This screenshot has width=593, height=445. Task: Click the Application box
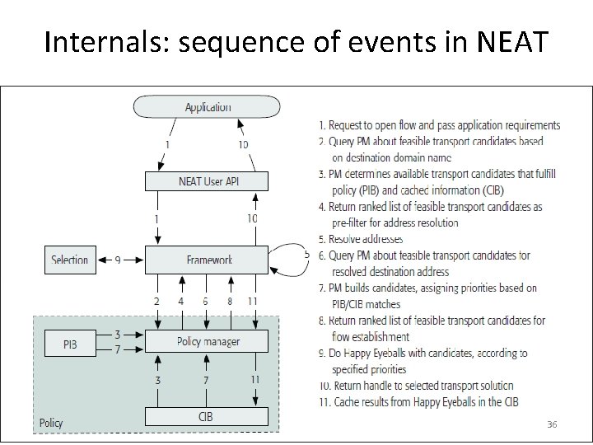pyautogui.click(x=207, y=107)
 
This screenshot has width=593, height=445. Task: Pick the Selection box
pyautogui.click(x=69, y=260)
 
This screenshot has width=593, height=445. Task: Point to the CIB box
pyautogui.click(x=206, y=417)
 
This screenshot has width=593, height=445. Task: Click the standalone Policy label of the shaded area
pyautogui.click(x=50, y=423)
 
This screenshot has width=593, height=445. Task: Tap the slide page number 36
pyautogui.click(x=552, y=424)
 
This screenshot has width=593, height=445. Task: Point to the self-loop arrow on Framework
pyautogui.click(x=292, y=255)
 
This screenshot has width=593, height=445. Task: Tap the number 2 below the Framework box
pyautogui.click(x=156, y=302)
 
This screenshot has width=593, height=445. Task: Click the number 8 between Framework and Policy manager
pyautogui.click(x=230, y=302)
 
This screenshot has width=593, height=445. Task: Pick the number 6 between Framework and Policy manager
pyautogui.click(x=206, y=302)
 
